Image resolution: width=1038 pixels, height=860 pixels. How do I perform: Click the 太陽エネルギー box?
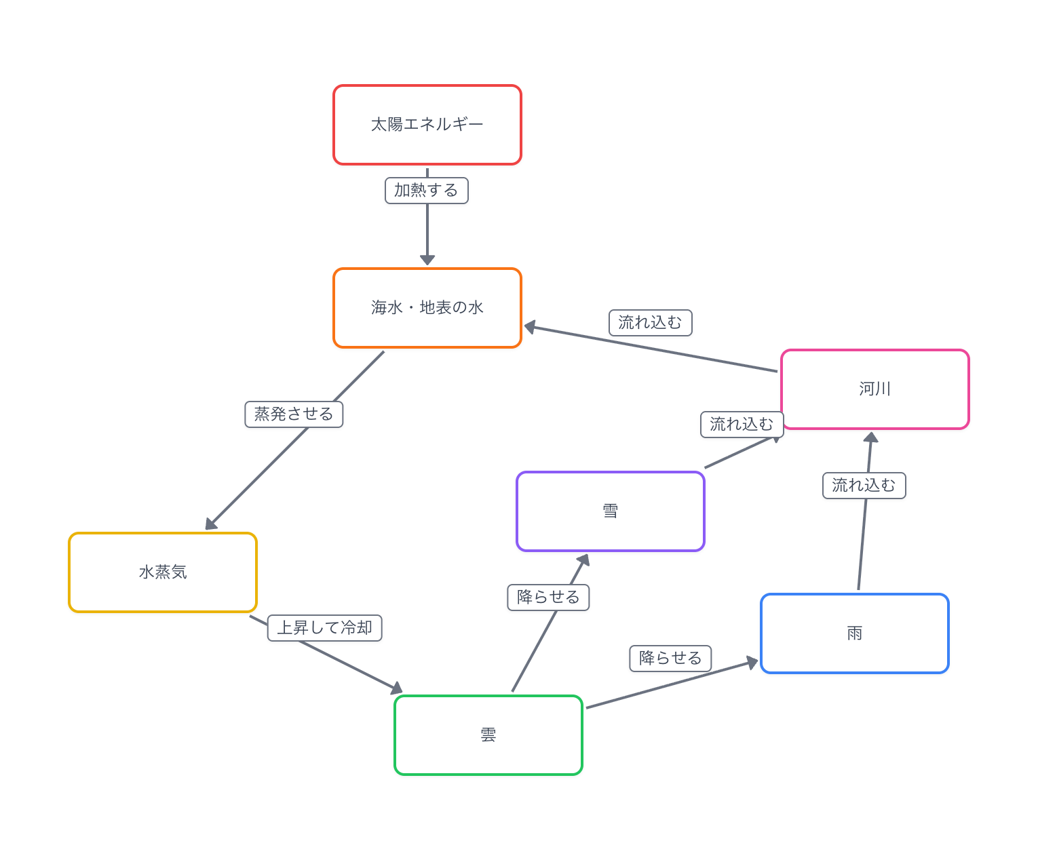pyautogui.click(x=427, y=125)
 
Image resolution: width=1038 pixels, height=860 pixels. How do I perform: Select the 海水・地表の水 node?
pyautogui.click(x=427, y=308)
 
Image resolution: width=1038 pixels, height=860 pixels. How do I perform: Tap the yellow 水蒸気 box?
pyautogui.click(x=163, y=572)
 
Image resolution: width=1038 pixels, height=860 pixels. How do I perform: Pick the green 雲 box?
pyautogui.click(x=488, y=735)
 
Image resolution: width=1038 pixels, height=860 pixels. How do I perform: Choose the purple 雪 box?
pyautogui.click(x=611, y=511)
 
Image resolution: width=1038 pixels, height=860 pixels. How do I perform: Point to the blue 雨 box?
pyautogui.click(x=855, y=633)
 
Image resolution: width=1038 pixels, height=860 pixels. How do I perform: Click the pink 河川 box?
pyautogui.click(x=875, y=389)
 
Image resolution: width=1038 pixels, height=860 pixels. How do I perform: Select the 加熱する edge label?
pyautogui.click(x=427, y=191)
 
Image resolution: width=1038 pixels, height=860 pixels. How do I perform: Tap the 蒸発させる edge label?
pyautogui.click(x=294, y=414)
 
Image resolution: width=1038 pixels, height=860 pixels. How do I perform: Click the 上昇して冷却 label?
pyautogui.click(x=325, y=628)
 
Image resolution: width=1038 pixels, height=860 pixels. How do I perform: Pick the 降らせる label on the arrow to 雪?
pyautogui.click(x=548, y=598)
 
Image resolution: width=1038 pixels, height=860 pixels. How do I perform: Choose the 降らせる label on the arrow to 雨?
pyautogui.click(x=670, y=659)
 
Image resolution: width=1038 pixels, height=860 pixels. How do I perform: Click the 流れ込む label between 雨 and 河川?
pyautogui.click(x=864, y=486)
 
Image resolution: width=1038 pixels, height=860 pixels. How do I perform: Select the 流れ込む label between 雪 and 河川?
pyautogui.click(x=742, y=425)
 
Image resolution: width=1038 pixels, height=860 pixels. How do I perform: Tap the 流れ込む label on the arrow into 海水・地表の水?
pyautogui.click(x=651, y=323)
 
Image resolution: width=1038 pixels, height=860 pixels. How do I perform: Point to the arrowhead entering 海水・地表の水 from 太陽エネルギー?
pyautogui.click(x=427, y=260)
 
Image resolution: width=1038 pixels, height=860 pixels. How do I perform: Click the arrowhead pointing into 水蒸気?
pyautogui.click(x=211, y=524)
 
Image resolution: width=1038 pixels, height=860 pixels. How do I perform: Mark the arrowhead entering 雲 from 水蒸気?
pyautogui.click(x=397, y=689)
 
